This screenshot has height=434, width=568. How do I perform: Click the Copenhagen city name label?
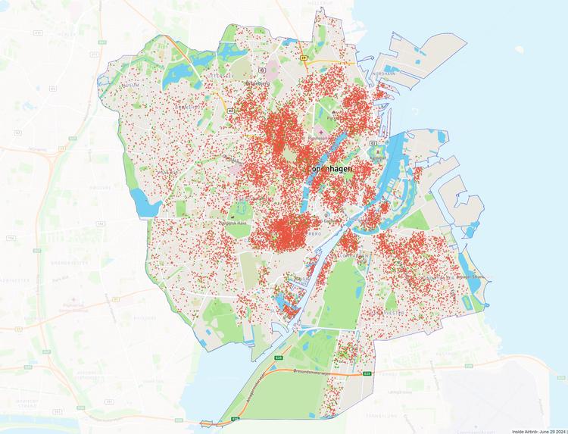(329, 170)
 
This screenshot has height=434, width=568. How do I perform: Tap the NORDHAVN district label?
(387, 73)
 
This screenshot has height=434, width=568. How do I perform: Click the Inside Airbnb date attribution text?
(539, 430)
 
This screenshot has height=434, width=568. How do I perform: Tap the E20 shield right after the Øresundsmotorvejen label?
(367, 373)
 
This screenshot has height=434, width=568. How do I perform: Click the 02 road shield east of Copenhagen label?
(372, 142)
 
